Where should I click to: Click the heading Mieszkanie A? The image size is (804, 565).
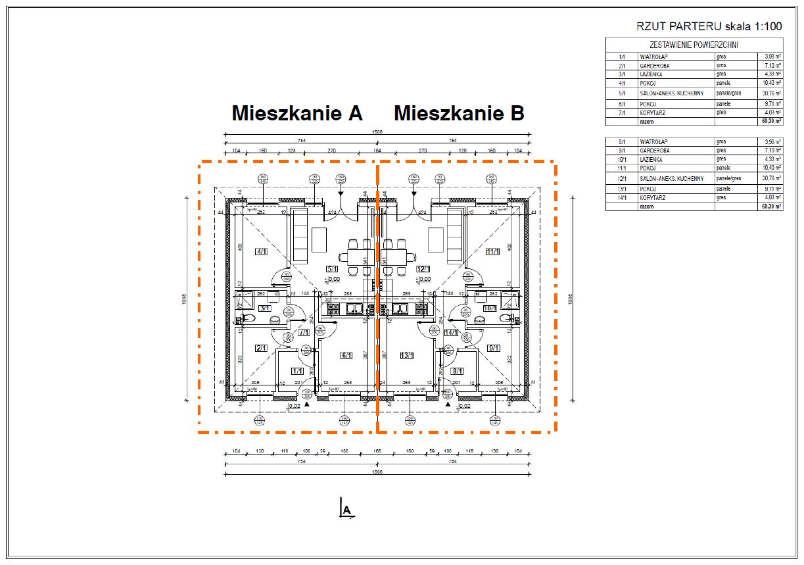(x=297, y=113)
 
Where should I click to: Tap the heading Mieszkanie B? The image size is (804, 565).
(x=459, y=113)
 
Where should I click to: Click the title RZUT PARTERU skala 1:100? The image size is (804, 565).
(x=709, y=27)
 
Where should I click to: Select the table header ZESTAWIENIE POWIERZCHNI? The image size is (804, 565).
(x=694, y=45)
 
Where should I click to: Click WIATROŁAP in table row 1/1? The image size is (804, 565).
(x=653, y=57)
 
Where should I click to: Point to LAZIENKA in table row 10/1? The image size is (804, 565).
(x=651, y=160)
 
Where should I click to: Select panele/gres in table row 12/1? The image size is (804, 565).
(x=729, y=178)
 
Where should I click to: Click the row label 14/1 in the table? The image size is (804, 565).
(x=621, y=198)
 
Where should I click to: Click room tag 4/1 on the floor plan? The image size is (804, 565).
(x=262, y=251)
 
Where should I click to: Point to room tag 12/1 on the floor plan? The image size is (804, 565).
(x=423, y=269)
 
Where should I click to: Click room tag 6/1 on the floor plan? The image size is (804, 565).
(x=346, y=355)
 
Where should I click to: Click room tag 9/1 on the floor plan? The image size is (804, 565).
(x=494, y=348)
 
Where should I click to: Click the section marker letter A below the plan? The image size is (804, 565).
(x=348, y=510)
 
